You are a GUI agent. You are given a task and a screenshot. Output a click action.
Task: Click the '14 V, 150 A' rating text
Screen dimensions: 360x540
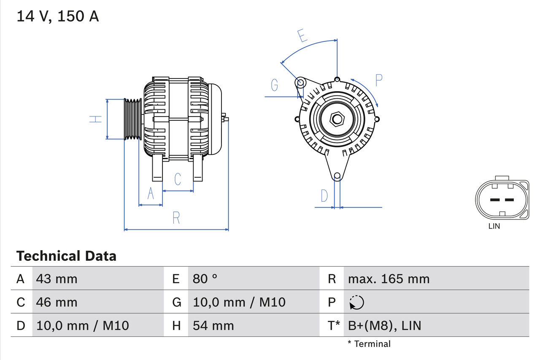58,16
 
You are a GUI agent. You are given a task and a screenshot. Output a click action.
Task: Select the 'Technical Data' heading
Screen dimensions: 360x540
66,256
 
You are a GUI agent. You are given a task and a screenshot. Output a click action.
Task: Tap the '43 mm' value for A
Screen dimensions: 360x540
57,279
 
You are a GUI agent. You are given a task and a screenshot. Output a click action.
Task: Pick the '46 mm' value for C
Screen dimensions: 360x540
57,302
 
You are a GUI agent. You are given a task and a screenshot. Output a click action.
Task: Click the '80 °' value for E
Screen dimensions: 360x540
205,279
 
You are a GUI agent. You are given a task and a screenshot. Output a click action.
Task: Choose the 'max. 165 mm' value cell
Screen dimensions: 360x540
389,279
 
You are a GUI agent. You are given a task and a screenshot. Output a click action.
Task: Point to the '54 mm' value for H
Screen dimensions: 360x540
213,325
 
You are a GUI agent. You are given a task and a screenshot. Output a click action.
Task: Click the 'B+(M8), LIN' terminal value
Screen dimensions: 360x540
384,325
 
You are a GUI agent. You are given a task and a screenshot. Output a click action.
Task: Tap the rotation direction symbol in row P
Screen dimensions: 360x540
356,303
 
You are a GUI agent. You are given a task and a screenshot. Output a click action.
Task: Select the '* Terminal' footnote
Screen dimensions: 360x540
369,344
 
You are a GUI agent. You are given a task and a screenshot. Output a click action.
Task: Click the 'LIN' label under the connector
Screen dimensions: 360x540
494,226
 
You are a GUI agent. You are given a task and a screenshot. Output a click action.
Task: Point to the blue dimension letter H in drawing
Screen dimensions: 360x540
96,119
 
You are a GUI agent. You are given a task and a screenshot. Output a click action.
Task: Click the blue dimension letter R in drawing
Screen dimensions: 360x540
176,218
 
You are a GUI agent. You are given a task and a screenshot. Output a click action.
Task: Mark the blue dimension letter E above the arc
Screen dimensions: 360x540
302,36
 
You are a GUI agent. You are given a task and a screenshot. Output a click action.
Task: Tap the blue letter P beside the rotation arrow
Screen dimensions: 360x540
378,80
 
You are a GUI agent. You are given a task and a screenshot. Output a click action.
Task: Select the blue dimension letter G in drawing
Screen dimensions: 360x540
275,86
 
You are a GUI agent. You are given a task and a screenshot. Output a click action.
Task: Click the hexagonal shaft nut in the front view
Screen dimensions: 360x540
336,119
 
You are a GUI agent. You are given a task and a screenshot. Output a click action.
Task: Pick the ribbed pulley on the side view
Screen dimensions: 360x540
132,119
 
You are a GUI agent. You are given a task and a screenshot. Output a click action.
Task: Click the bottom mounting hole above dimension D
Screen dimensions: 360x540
337,176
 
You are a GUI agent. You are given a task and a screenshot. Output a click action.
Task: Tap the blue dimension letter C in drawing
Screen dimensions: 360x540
178,179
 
